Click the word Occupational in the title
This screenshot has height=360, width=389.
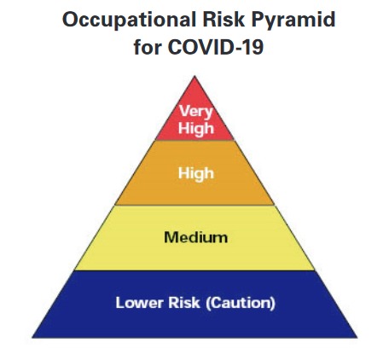pos(129,20)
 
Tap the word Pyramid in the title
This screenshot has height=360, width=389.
pos(293,20)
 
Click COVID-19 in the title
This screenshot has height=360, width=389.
pos(215,46)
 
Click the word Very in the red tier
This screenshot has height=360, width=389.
pos(196,111)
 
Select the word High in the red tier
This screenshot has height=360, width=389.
pos(196,128)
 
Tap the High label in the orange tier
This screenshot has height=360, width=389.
pos(196,173)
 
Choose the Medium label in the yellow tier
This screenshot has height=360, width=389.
pos(196,237)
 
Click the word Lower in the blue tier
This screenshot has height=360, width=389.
pos(140,303)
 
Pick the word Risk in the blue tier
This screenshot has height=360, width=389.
pos(184,303)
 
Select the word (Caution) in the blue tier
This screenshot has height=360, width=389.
pos(241,303)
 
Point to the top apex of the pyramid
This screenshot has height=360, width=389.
pos(194,76)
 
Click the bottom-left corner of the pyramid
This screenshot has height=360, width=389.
pos(32,338)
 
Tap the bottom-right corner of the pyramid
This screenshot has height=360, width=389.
pos(357,338)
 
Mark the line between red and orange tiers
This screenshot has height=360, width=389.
pos(194,140)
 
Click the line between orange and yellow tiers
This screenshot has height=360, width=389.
pos(194,205)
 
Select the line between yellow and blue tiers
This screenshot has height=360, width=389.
pos(194,270)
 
